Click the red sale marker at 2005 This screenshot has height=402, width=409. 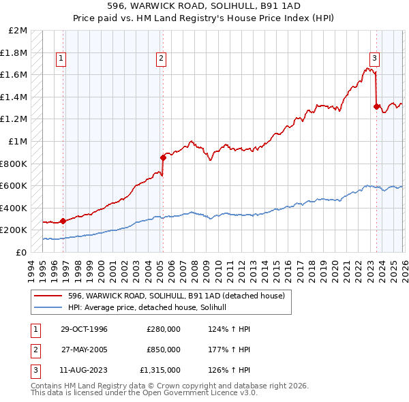click(163, 158)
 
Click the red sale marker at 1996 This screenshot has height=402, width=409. click(63, 221)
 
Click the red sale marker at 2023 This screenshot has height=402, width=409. click(376, 106)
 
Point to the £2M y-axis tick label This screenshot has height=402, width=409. click(18, 31)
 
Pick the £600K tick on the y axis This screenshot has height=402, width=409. click(14, 186)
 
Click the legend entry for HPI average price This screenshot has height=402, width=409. click(151, 308)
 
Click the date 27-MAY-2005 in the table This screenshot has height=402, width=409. click(84, 350)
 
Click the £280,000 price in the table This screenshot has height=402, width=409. click(164, 329)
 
